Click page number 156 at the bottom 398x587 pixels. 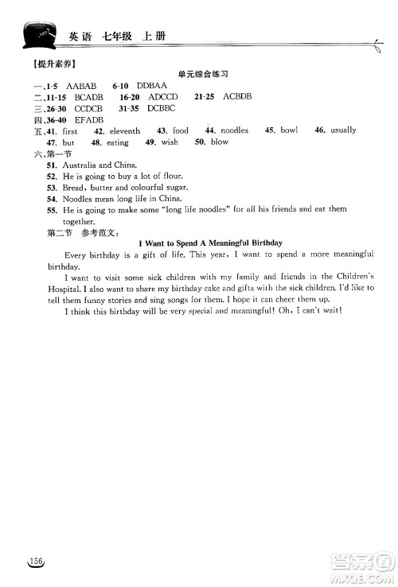point(34,562)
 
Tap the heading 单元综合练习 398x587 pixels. point(203,72)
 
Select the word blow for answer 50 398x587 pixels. point(219,142)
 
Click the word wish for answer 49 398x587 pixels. point(169,142)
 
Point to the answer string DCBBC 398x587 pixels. point(161,107)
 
